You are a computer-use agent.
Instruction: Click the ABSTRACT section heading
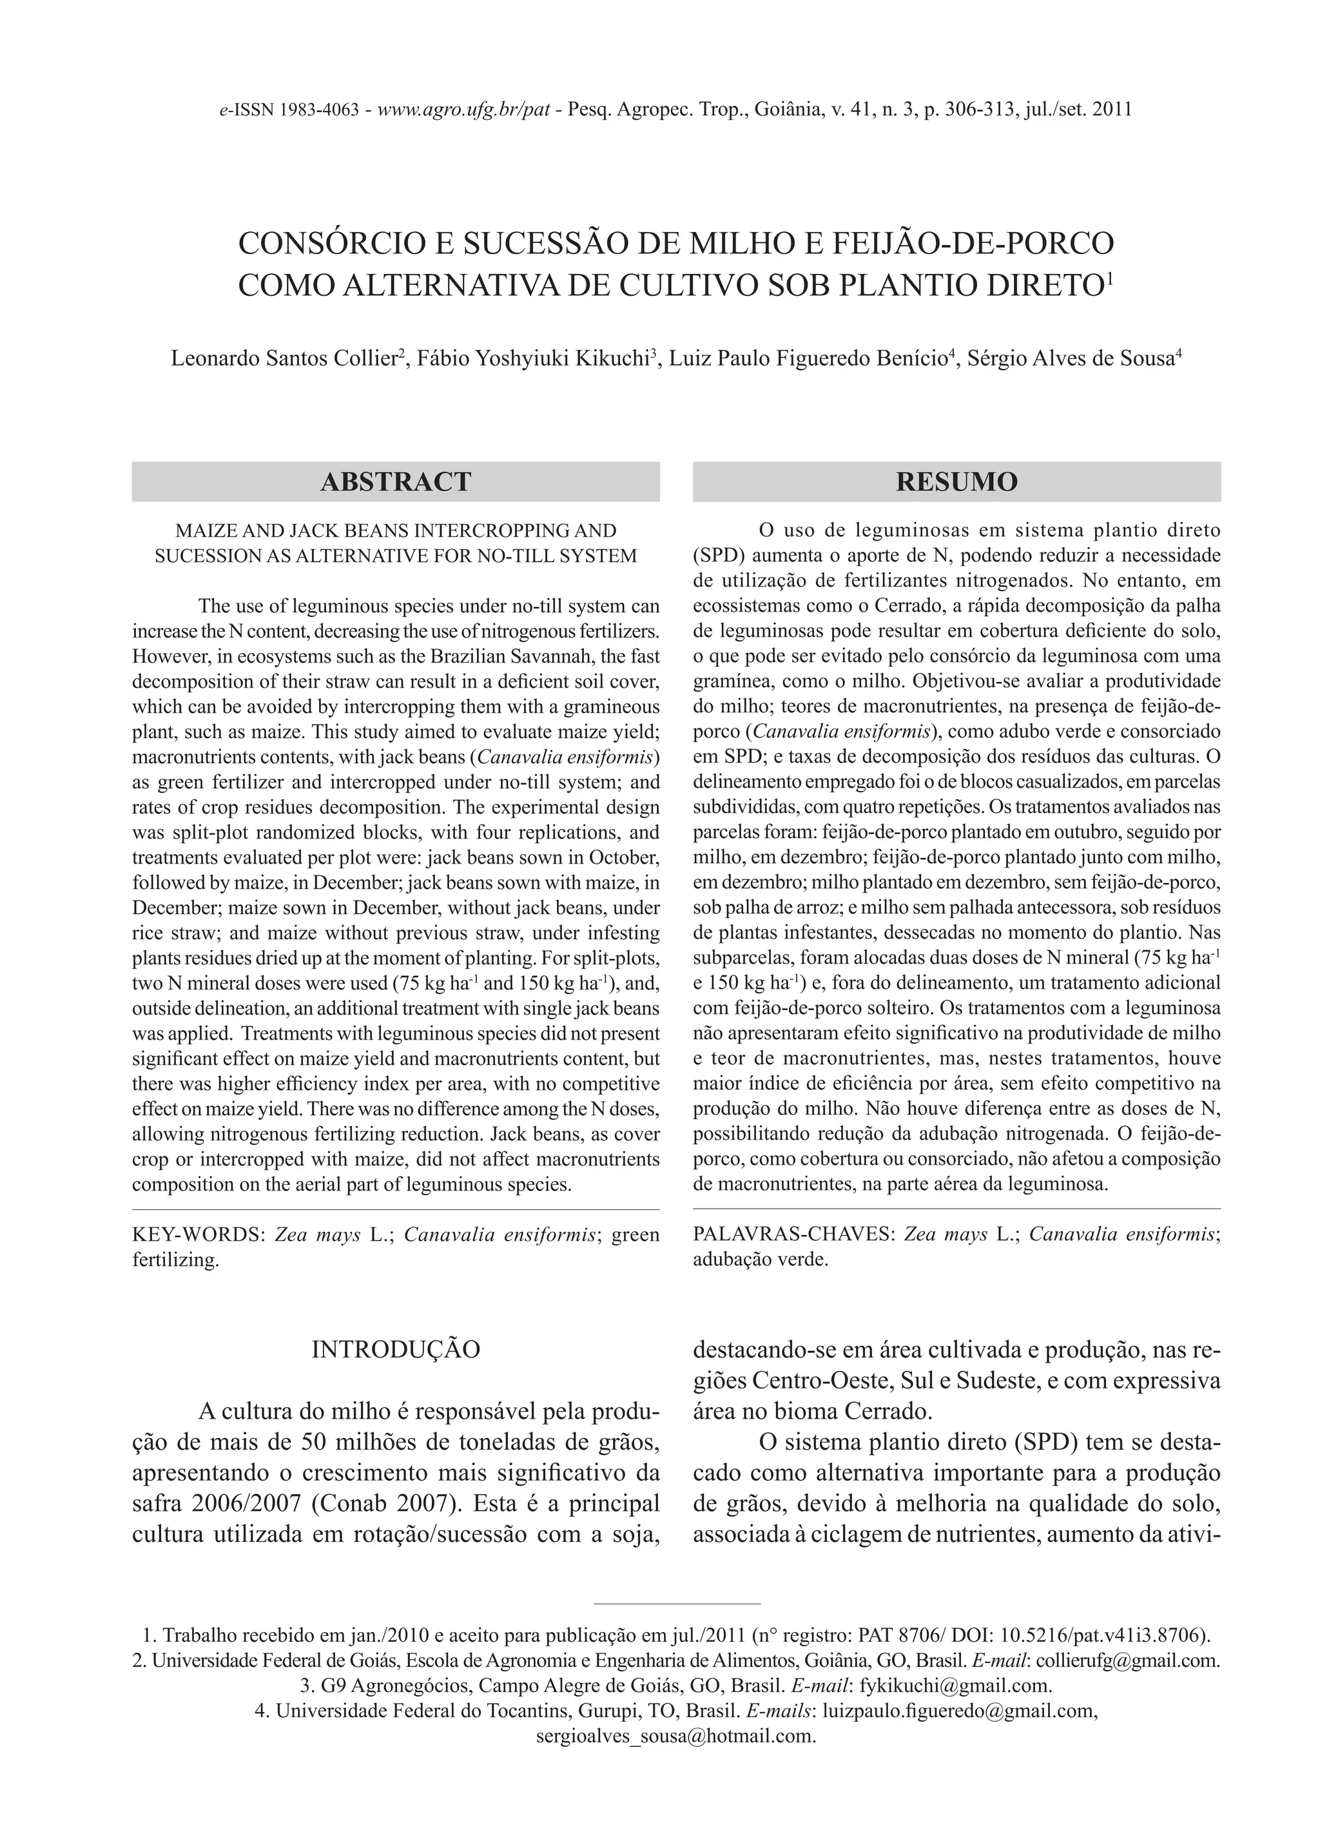click(396, 482)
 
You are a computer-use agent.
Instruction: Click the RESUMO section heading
click(956, 482)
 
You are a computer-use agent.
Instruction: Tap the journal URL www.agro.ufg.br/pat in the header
click(465, 110)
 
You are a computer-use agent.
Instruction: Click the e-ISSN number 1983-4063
click(320, 110)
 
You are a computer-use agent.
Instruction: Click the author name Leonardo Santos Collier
click(283, 359)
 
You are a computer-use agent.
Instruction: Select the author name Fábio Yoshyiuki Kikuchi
click(532, 359)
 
